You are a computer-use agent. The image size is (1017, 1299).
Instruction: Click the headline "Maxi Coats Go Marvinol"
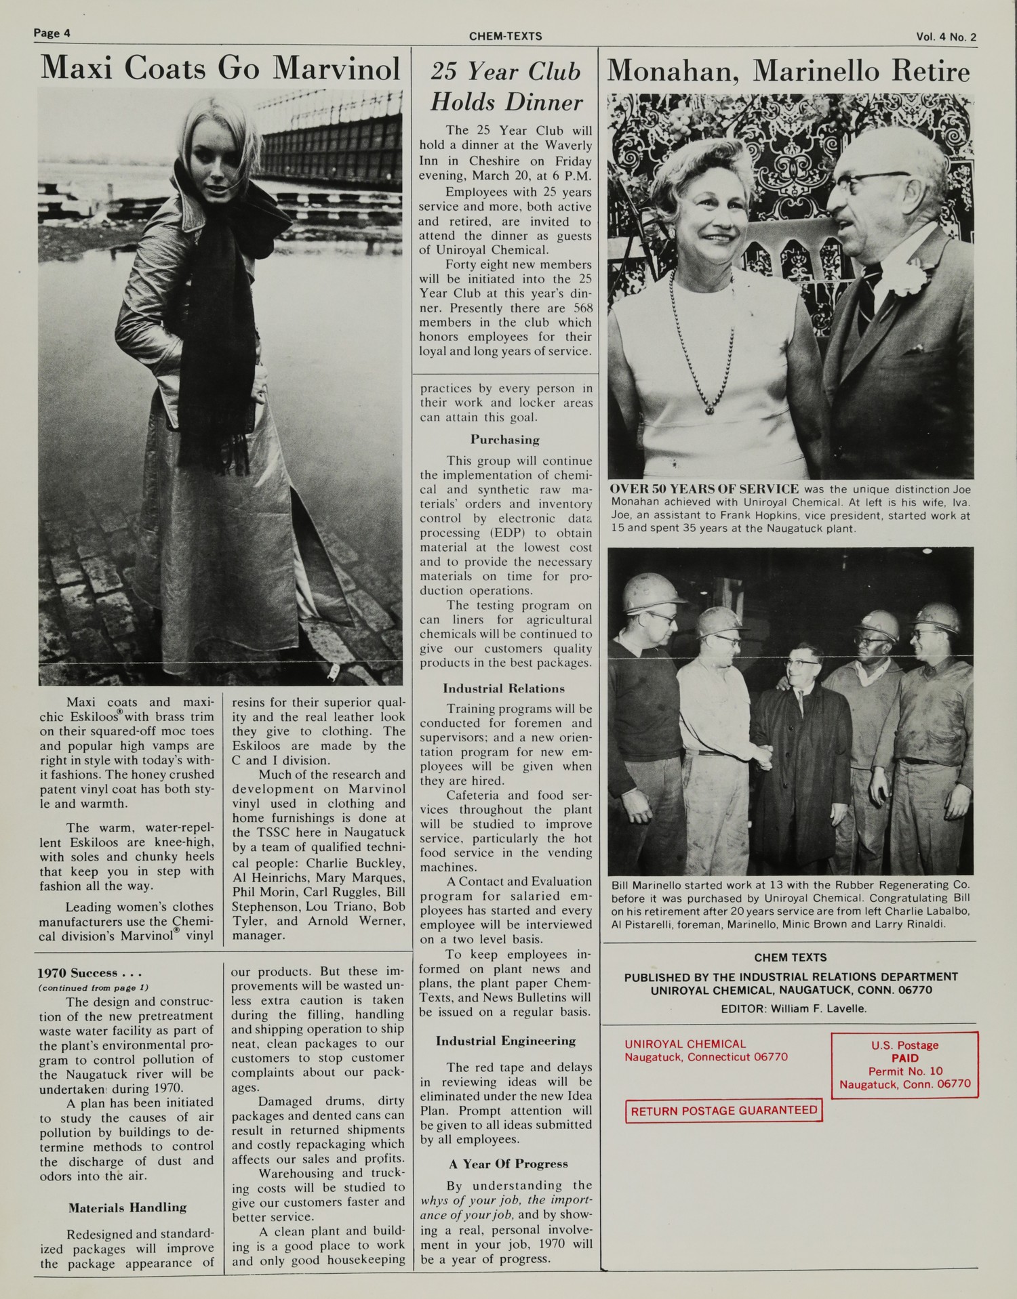click(x=220, y=69)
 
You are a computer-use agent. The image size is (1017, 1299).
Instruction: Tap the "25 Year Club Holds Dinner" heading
click(x=506, y=87)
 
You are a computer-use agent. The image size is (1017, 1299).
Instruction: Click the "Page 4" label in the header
click(x=52, y=33)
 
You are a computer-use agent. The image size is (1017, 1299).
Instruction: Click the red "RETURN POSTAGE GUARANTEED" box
click(x=723, y=1111)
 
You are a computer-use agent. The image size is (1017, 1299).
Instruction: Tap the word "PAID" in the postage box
click(x=904, y=1058)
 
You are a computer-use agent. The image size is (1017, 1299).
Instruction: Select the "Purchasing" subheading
click(x=505, y=440)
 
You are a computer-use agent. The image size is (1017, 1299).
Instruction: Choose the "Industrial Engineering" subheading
click(x=506, y=1041)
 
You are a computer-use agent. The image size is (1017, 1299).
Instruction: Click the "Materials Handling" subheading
click(x=127, y=1207)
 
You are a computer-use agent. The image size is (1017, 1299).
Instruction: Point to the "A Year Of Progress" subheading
click(x=508, y=1164)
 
